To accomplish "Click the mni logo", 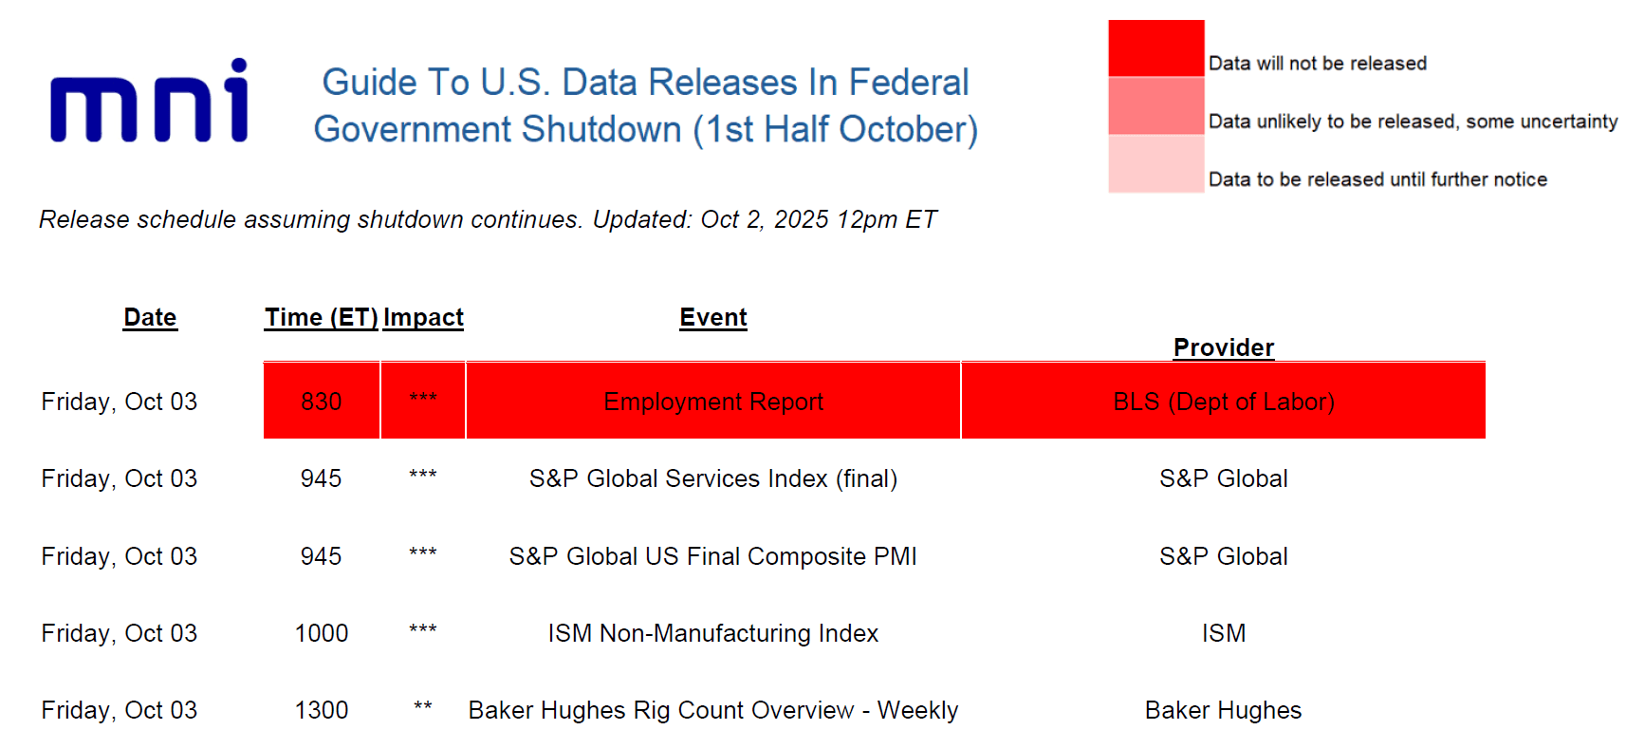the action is (150, 101).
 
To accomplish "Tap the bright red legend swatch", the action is (1155, 48).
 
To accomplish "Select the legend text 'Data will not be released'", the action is (1318, 64).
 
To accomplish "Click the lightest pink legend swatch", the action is (1155, 163).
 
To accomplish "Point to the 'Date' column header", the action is (150, 317).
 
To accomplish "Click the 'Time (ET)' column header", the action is (321, 317).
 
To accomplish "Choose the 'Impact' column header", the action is (423, 317).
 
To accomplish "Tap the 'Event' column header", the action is (712, 317).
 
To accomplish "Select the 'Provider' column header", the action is (1223, 347).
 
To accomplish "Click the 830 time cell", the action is (322, 401).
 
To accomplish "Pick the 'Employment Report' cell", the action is (712, 401).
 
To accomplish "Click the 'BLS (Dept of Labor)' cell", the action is (1223, 401).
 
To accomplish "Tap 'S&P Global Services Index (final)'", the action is (712, 478).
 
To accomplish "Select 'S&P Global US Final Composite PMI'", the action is (712, 556).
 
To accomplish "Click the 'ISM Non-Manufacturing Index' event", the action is (712, 633).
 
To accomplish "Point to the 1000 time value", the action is (322, 633).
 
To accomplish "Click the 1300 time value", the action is (322, 710).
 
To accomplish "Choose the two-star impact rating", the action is (423, 706).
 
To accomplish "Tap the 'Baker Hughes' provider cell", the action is (1223, 710).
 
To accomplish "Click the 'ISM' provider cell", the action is (1223, 633).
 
